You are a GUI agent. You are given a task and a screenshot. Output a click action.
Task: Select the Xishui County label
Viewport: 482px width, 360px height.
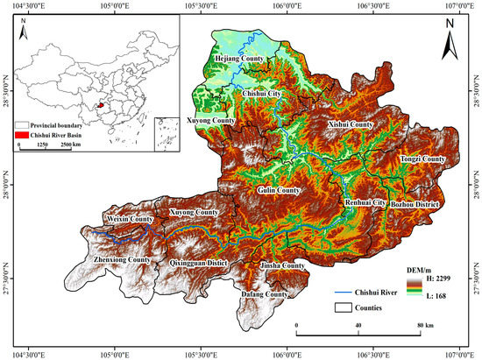(350, 125)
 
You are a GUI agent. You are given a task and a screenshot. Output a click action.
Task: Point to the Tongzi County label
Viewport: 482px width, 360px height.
(422, 159)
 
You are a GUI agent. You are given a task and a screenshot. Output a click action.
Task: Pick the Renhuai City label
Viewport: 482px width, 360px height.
(365, 202)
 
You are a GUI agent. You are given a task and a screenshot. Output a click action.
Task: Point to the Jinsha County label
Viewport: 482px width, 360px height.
(281, 265)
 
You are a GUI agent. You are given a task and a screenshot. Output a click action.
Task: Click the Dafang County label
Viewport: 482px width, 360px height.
(263, 294)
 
